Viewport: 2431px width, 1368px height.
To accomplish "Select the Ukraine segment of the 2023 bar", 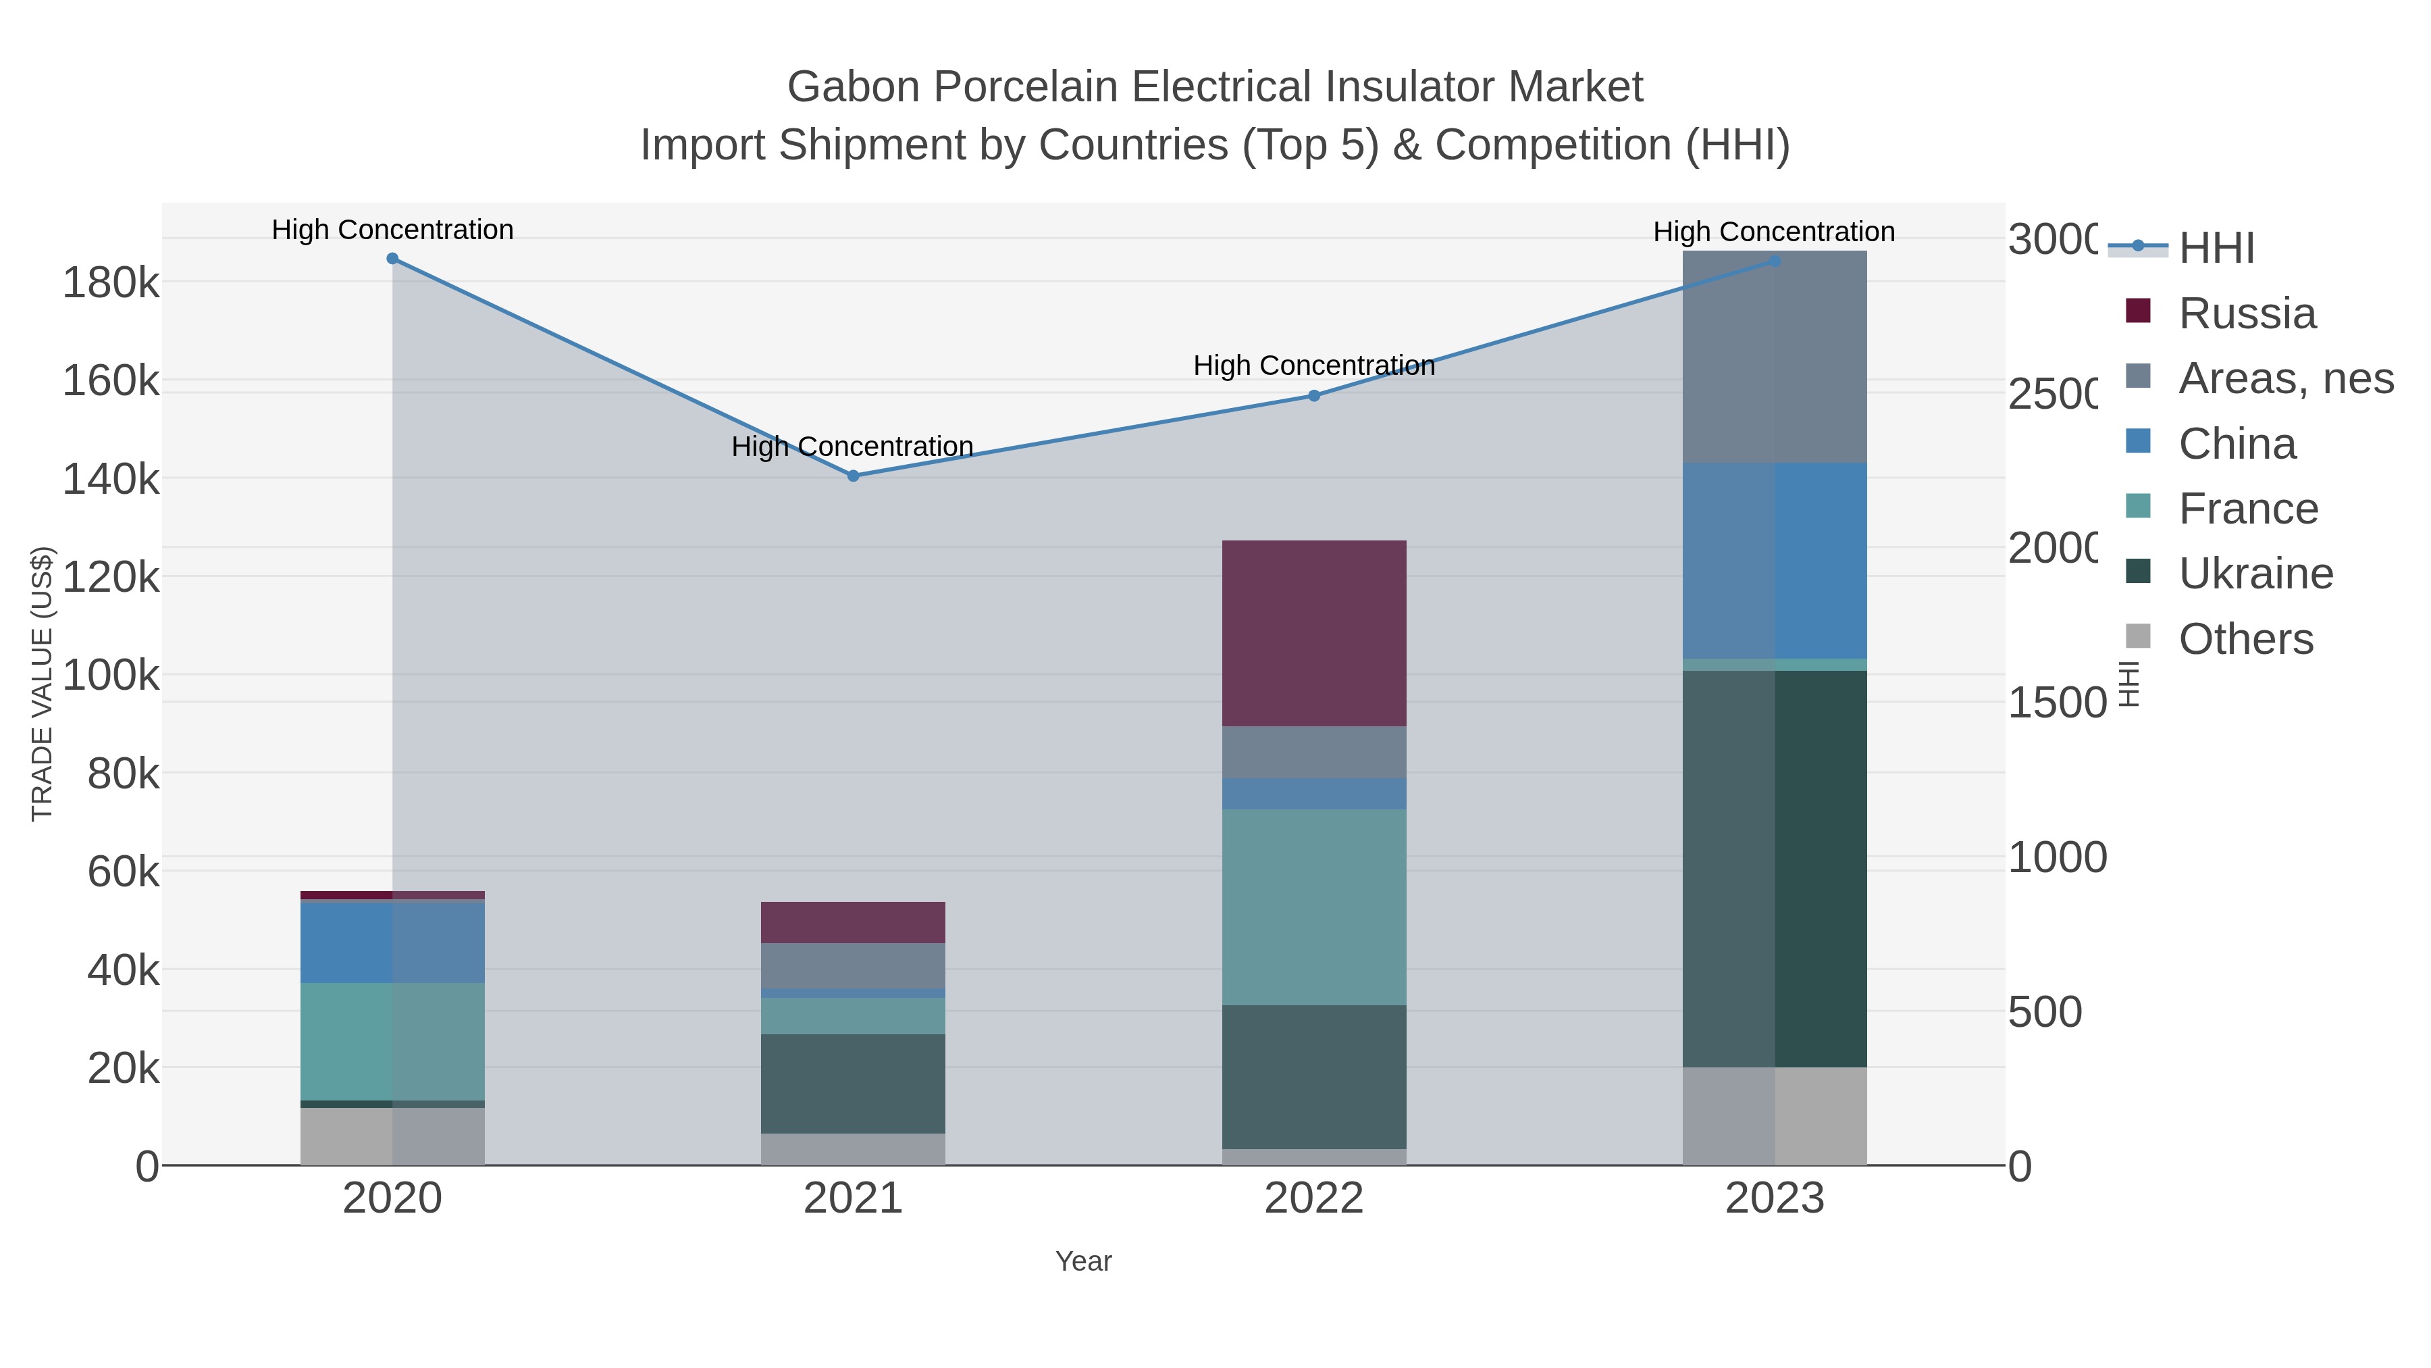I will pyautogui.click(x=1774, y=869).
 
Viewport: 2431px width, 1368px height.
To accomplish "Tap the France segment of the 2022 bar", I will pyautogui.click(x=1313, y=907).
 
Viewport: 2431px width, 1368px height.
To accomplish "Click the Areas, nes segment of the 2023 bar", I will pyautogui.click(x=1774, y=357).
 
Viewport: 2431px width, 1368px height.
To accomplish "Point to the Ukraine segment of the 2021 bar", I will pyautogui.click(x=853, y=1083).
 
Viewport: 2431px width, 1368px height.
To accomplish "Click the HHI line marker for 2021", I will pyautogui.click(x=853, y=476).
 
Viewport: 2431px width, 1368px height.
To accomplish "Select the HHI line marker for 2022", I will pyautogui.click(x=1313, y=396).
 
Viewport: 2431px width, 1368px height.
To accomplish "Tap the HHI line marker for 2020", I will pyautogui.click(x=392, y=259).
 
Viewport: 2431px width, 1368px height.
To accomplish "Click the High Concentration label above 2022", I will pyautogui.click(x=1313, y=365).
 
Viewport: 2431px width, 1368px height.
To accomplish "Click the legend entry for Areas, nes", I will pyautogui.click(x=2284, y=378).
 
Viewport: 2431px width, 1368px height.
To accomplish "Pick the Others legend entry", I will pyautogui.click(x=2245, y=639).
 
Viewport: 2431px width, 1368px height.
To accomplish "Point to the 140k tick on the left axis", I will pyautogui.click(x=111, y=480).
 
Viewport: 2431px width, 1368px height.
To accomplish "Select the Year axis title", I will pyautogui.click(x=1083, y=1261).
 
